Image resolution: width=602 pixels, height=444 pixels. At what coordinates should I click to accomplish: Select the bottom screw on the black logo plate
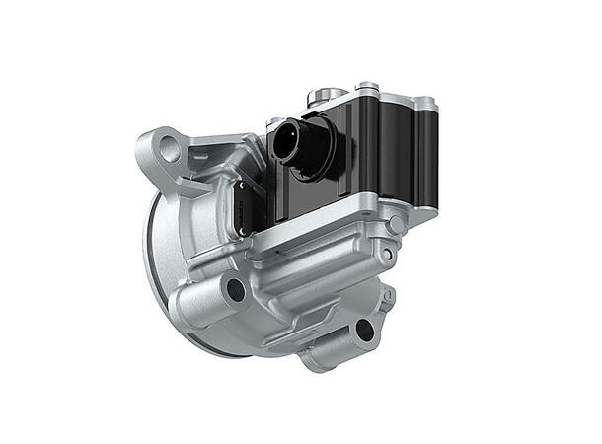(244, 230)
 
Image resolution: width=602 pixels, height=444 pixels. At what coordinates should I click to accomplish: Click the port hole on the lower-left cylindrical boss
(235, 289)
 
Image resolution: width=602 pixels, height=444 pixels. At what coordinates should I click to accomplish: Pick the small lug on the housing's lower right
(388, 293)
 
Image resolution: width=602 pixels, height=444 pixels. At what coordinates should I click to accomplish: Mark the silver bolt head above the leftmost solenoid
(367, 87)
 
